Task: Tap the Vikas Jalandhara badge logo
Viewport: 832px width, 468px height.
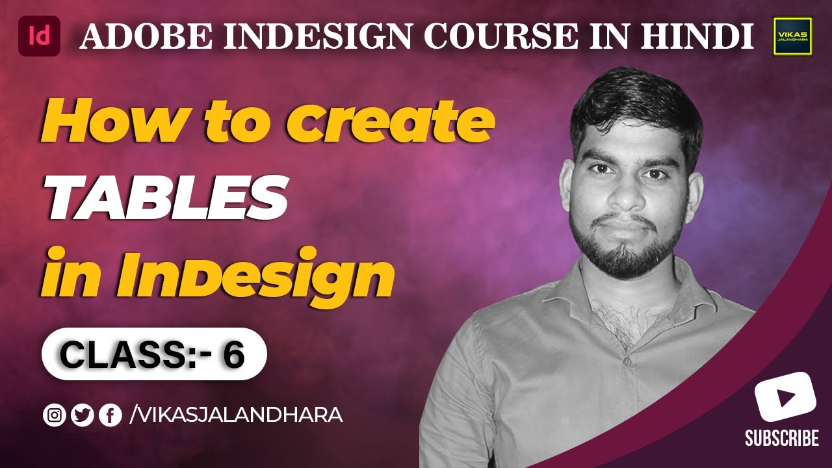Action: [x=792, y=36]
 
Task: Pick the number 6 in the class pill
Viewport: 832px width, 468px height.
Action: [x=233, y=354]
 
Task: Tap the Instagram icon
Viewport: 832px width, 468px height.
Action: [x=54, y=415]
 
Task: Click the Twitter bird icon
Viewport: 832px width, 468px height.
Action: [x=83, y=415]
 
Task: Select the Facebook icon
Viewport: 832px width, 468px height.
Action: [x=110, y=415]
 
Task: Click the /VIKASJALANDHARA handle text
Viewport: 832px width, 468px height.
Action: [x=237, y=414]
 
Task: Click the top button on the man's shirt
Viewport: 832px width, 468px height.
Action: [x=627, y=359]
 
